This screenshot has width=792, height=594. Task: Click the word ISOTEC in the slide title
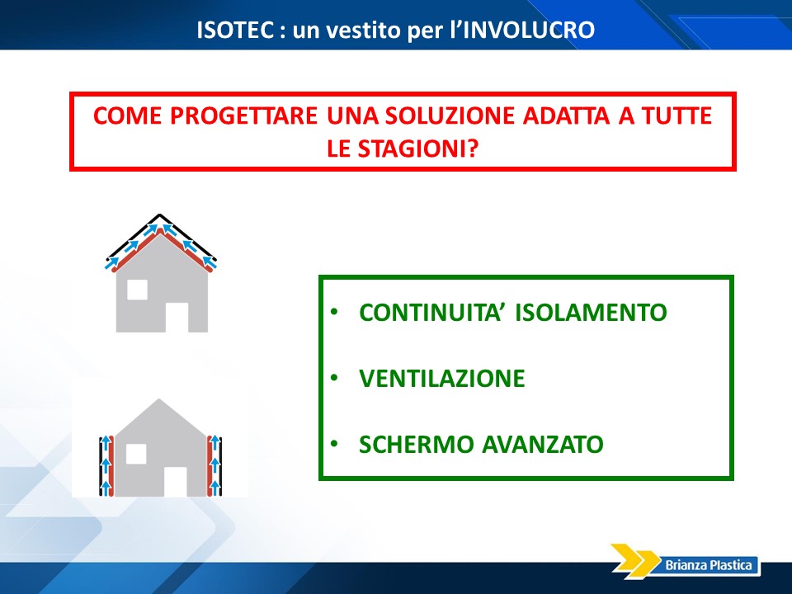tap(235, 30)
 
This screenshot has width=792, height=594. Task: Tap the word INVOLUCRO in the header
tap(529, 30)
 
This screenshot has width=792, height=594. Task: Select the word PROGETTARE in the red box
tap(243, 115)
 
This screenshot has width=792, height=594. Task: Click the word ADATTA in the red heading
tap(566, 115)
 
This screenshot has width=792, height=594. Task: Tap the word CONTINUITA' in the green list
tap(431, 312)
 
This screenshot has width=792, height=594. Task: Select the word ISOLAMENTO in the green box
tap(591, 312)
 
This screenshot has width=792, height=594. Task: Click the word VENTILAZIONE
tap(442, 379)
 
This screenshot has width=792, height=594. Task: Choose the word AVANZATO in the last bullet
tap(543, 445)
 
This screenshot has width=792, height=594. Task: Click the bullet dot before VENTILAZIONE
tap(334, 377)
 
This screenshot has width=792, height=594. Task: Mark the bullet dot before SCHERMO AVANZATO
tap(334, 444)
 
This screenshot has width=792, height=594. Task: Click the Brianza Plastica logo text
tap(708, 564)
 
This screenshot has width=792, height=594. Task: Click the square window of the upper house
tap(138, 290)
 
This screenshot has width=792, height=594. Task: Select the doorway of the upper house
tap(177, 317)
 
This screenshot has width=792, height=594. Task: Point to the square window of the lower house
tap(136, 454)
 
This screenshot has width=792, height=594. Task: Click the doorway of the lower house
tap(175, 481)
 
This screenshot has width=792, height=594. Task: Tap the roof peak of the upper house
tap(160, 215)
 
